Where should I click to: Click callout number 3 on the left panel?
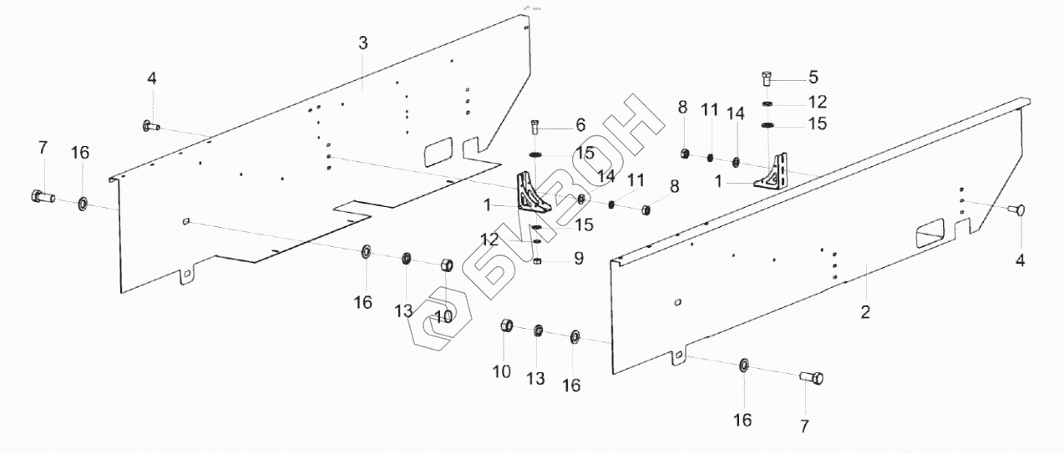click(x=362, y=43)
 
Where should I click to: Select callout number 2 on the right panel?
click(x=865, y=313)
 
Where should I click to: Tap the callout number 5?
click(x=813, y=78)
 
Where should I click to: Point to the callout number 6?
click(x=580, y=126)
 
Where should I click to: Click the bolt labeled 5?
click(x=768, y=79)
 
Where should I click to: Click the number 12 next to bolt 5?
click(x=817, y=102)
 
